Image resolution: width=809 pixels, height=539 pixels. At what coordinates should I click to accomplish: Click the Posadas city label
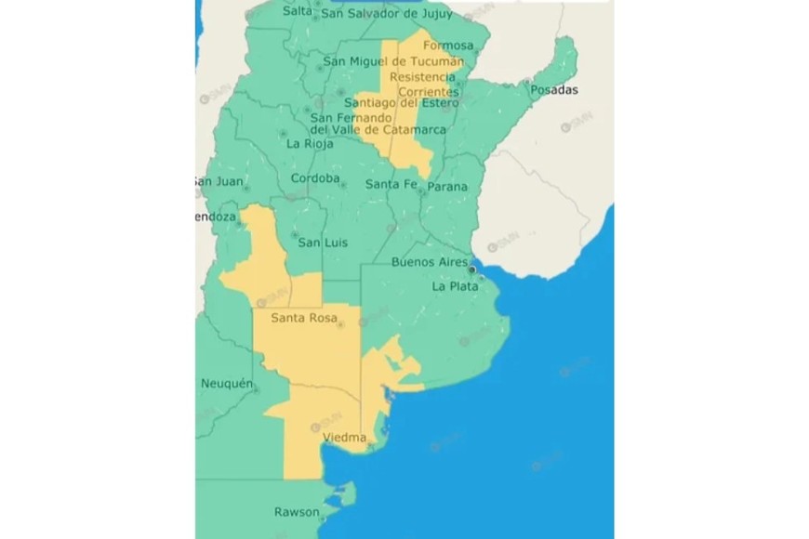click(x=557, y=90)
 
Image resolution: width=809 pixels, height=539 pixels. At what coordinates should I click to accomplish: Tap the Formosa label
click(x=447, y=45)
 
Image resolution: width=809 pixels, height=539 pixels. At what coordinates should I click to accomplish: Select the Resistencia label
click(x=423, y=76)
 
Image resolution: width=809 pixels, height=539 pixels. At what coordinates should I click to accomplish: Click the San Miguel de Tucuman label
click(x=392, y=61)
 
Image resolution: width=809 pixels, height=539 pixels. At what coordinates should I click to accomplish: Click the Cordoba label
click(x=315, y=178)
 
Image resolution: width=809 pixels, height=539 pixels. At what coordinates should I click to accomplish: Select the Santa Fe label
click(x=389, y=184)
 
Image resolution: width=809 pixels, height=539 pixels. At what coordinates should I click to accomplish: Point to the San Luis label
click(x=323, y=243)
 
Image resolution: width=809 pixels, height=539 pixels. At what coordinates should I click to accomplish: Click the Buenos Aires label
click(x=429, y=263)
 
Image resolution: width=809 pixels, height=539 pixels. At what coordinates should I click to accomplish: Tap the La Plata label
click(x=455, y=286)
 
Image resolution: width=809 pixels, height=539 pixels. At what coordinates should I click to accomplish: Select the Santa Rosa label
click(x=302, y=319)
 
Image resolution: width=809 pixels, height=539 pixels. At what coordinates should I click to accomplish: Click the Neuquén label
click(x=227, y=383)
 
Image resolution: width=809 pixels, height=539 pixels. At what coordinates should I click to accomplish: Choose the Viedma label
click(x=343, y=437)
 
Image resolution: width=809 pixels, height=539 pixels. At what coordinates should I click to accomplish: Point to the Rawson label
click(x=297, y=512)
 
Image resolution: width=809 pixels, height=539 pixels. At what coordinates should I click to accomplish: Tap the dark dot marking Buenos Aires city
click(x=471, y=269)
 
